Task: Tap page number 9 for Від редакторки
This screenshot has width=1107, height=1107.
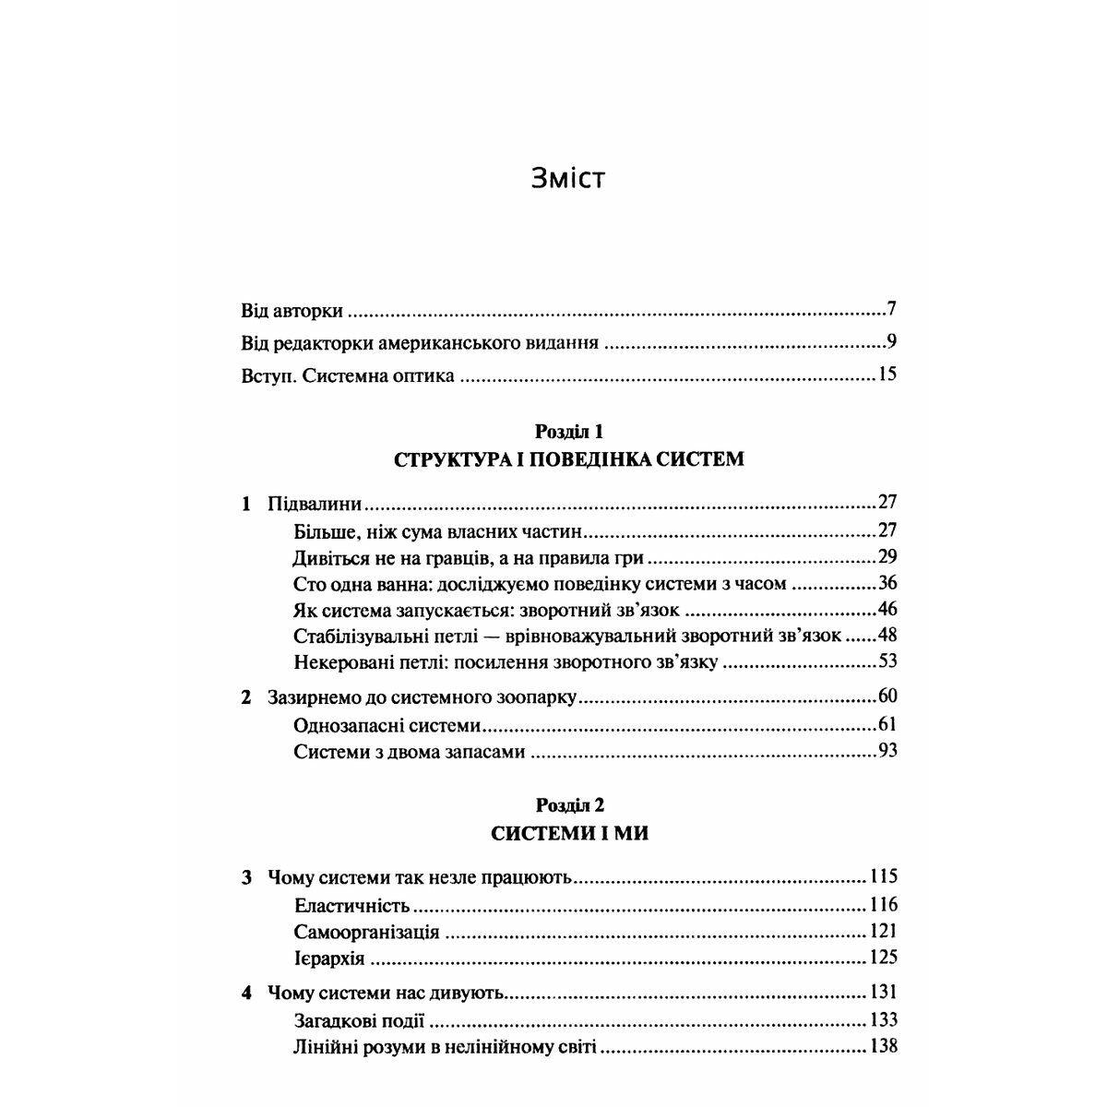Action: pyautogui.click(x=892, y=342)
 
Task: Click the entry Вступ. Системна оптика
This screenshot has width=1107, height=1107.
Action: pyautogui.click(x=347, y=376)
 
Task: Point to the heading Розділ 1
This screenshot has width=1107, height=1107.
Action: pyautogui.click(x=568, y=431)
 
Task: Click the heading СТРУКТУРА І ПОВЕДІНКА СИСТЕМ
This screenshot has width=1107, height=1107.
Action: pyautogui.click(x=568, y=458)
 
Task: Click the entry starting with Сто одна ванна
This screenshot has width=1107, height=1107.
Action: pyautogui.click(x=540, y=583)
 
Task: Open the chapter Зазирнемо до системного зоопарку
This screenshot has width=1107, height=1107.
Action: pyautogui.click(x=422, y=697)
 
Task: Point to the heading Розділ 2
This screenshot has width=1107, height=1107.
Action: pyautogui.click(x=569, y=804)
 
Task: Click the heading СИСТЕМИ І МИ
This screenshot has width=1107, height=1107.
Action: pyautogui.click(x=569, y=833)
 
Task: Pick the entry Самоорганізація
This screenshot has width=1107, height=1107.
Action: pyautogui.click(x=367, y=932)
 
